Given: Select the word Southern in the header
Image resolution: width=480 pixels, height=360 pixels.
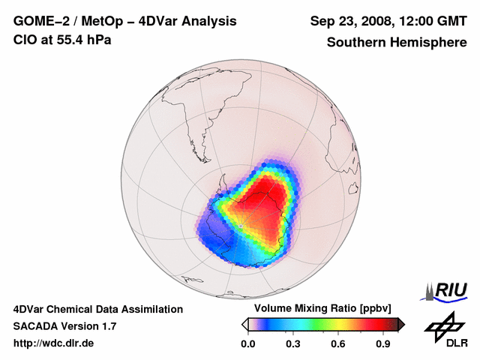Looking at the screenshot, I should click(355, 42).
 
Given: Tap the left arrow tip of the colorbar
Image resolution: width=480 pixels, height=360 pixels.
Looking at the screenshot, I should click(244, 324).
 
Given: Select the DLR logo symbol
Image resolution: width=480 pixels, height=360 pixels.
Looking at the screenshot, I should click(442, 325).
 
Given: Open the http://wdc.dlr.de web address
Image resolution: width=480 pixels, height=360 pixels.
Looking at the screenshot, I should click(54, 343).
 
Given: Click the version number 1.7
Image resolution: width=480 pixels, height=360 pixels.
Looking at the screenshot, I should click(107, 326).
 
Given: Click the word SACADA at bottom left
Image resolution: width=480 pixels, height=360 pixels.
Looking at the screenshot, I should click(35, 326).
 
